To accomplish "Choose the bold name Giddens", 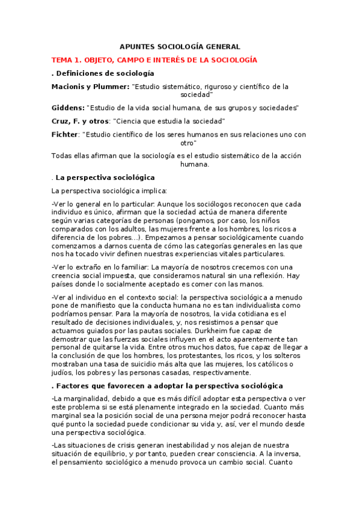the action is click(67, 108).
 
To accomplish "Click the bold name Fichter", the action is click(65, 135).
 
